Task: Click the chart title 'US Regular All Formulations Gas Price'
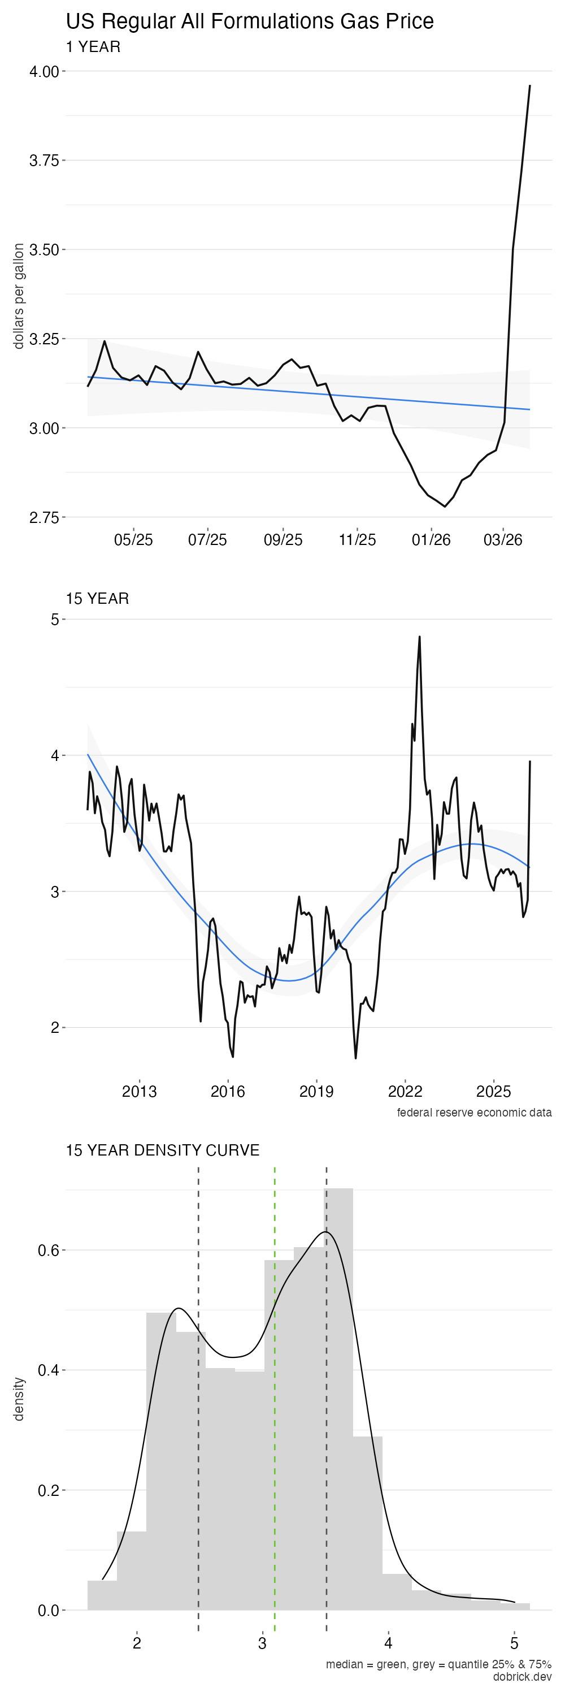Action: point(249,21)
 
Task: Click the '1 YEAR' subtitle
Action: point(93,47)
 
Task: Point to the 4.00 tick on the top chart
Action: point(44,72)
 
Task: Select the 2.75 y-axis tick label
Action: point(44,517)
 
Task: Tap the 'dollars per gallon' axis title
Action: point(19,296)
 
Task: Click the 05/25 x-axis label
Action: point(133,540)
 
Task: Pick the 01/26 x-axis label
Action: point(431,540)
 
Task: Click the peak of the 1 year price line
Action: point(530,85)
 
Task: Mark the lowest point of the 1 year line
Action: point(445,507)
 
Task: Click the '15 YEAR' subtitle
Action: point(97,599)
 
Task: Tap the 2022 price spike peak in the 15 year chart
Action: point(420,637)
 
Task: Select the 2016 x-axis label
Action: point(228,1092)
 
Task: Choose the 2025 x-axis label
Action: point(493,1092)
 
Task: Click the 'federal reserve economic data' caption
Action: point(473,1113)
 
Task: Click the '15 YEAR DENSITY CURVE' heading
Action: point(163,1150)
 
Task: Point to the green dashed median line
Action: point(275,1383)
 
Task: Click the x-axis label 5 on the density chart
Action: point(514,1643)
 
